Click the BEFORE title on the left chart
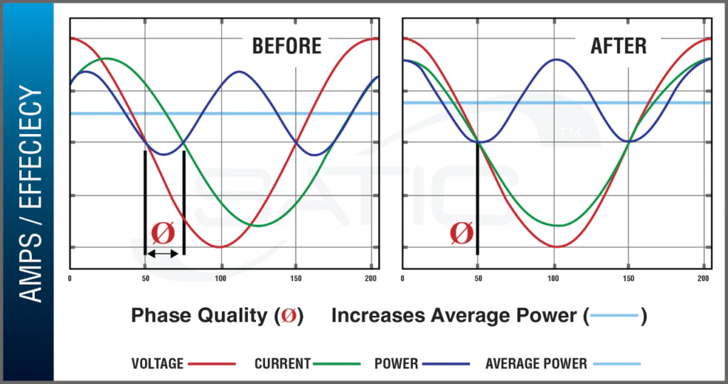[287, 47]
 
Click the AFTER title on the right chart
[619, 47]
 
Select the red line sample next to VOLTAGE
[212, 364]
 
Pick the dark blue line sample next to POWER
[446, 364]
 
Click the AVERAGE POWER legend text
[536, 364]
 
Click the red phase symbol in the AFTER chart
[461, 232]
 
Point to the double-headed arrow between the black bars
[164, 253]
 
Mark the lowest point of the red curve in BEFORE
[220, 247]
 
